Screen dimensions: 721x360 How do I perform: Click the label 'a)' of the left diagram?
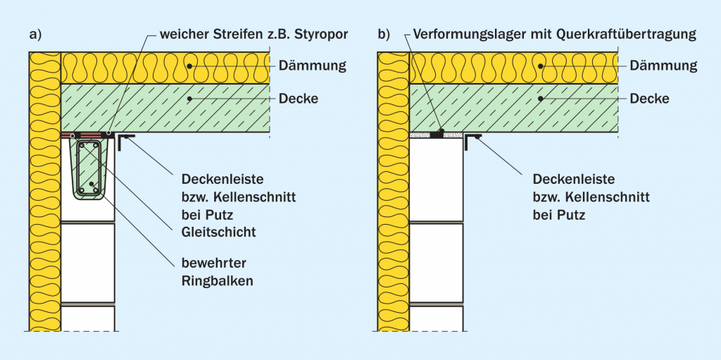[x=35, y=35]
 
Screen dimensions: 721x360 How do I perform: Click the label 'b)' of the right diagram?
[x=384, y=35]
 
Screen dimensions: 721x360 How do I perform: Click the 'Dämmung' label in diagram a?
[x=312, y=66]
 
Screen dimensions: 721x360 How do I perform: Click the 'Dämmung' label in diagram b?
[x=663, y=66]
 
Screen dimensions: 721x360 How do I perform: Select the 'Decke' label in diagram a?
[x=298, y=99]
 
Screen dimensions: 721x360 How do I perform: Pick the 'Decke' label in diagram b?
[x=649, y=99]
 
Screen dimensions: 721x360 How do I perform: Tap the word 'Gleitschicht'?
[x=218, y=232]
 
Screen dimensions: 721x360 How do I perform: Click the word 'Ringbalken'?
[x=217, y=281]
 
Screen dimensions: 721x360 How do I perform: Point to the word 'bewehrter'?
[x=214, y=264]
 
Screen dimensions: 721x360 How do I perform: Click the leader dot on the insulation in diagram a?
[x=189, y=66]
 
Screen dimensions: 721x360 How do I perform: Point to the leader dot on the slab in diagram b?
[x=541, y=99]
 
